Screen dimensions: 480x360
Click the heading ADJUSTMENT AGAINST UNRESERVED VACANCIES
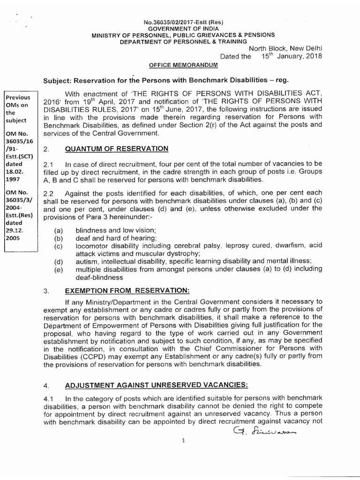[x=157, y=385]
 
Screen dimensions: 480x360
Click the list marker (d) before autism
[x=59, y=261]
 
